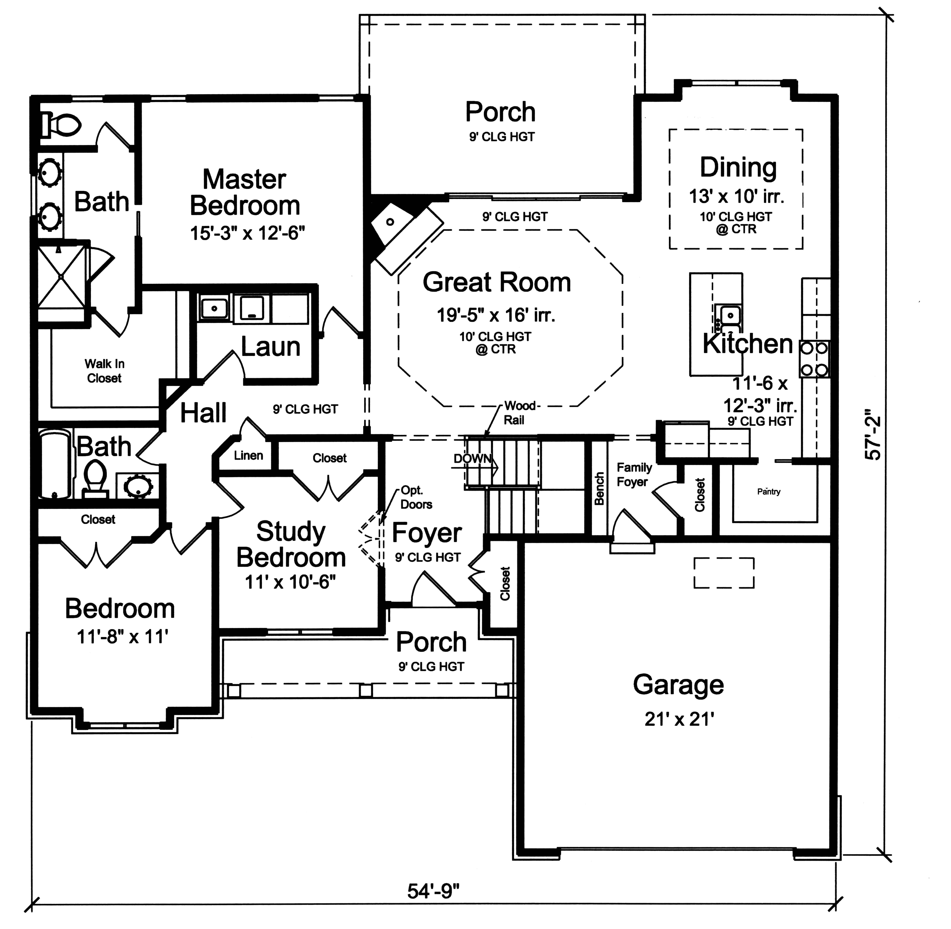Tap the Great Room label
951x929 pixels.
pos(496,283)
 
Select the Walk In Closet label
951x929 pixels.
pos(104,371)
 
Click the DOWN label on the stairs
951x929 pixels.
pos(472,459)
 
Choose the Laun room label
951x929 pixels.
pos(270,347)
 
